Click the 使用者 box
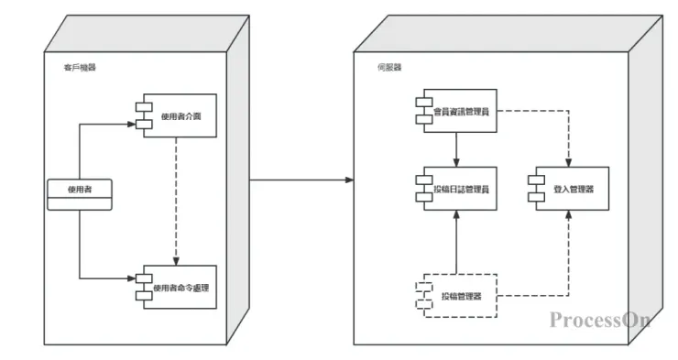[78, 190]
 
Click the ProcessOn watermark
[600, 320]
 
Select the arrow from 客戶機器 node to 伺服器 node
[302, 180]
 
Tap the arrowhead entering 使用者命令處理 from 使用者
[131, 277]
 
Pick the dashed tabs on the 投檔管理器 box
[420, 295]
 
